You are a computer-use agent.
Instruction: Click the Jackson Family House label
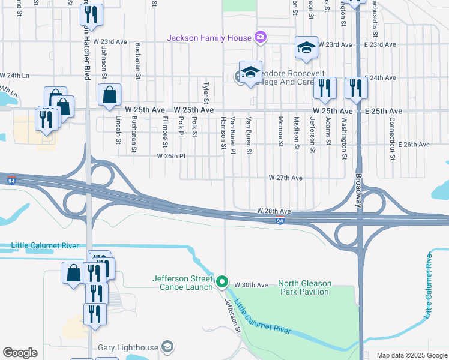(x=209, y=38)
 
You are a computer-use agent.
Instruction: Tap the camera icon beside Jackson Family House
(x=260, y=38)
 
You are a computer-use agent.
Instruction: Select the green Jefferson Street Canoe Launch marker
(x=222, y=281)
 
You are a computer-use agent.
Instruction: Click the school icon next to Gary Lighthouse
(x=167, y=347)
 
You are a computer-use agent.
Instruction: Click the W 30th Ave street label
(x=250, y=284)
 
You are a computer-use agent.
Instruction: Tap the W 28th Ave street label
(x=274, y=212)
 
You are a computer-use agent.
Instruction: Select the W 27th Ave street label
(x=285, y=178)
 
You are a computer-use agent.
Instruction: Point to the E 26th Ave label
(x=414, y=145)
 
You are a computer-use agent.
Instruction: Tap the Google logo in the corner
(x=20, y=352)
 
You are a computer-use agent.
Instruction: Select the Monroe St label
(x=280, y=131)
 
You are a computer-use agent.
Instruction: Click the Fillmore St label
(x=164, y=131)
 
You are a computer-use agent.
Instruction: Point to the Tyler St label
(x=206, y=92)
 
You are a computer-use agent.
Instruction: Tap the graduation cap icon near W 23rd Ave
(x=306, y=47)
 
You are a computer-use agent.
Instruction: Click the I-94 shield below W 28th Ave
(x=280, y=221)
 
